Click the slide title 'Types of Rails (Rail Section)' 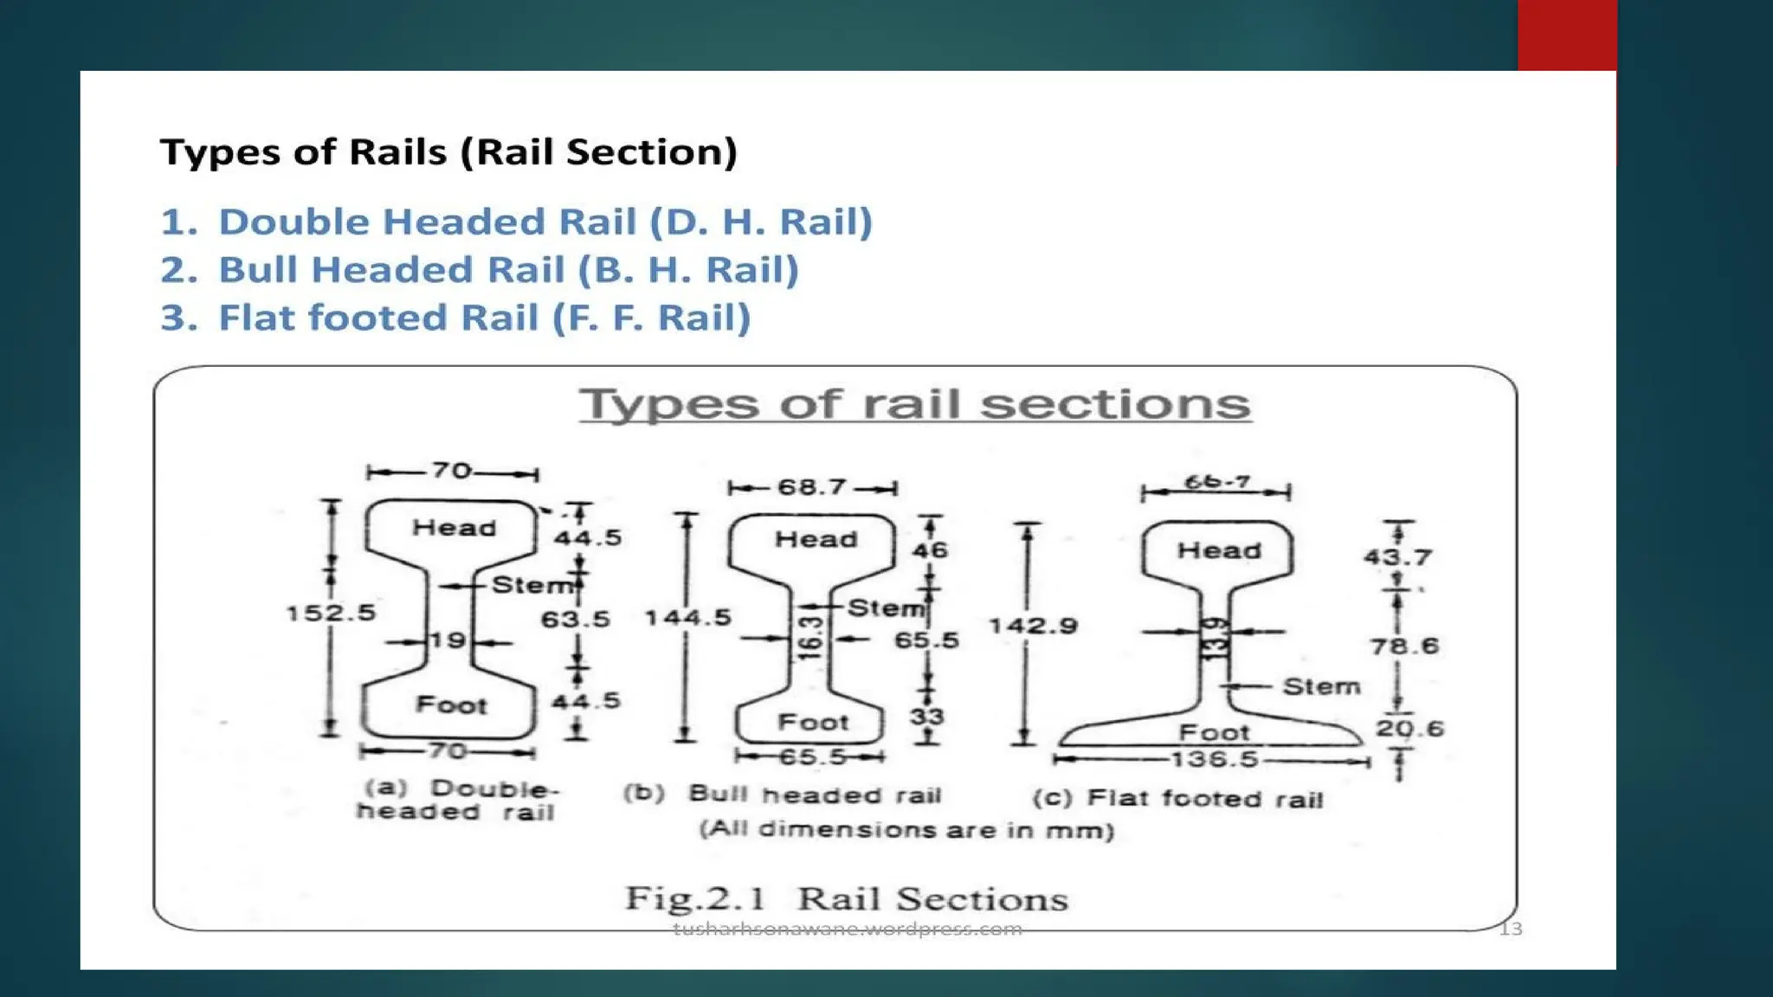(x=448, y=152)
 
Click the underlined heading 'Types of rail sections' (x=915, y=404)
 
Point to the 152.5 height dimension (x=331, y=613)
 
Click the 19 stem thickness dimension (x=448, y=641)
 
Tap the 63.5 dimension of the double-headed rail (x=576, y=620)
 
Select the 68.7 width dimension (x=811, y=487)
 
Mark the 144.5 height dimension (x=688, y=618)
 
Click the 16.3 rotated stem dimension (x=809, y=638)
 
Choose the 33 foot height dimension (x=927, y=717)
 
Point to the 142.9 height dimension (x=1033, y=626)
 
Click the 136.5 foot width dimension (x=1214, y=760)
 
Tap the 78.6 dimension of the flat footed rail (x=1404, y=646)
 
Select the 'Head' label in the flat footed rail (x=1219, y=550)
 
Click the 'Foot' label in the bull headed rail (x=813, y=722)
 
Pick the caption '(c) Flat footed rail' (x=1177, y=798)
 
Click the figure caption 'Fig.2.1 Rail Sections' (x=847, y=899)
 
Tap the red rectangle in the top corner (x=1567, y=35)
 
